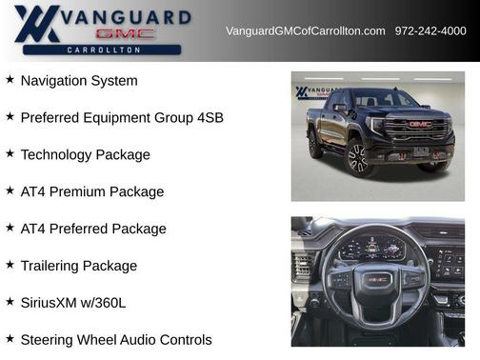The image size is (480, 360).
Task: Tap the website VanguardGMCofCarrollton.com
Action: pyautogui.click(x=305, y=31)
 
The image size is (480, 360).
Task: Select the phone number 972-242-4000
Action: pyautogui.click(x=430, y=31)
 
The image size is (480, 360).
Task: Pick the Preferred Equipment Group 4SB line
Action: pyautogui.click(x=122, y=118)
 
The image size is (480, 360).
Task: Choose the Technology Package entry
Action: pyautogui.click(x=86, y=154)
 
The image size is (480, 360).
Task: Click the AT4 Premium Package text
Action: pyautogui.click(x=92, y=191)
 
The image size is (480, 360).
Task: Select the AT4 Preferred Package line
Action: pyautogui.click(x=93, y=229)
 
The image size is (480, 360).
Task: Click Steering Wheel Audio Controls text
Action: pyautogui.click(x=116, y=339)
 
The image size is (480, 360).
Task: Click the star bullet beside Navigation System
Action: pyautogui.click(x=10, y=80)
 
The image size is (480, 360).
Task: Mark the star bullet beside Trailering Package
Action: pyautogui.click(x=10, y=265)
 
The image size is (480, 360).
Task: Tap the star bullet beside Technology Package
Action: pyautogui.click(x=10, y=153)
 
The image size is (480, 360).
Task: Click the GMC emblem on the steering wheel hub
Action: pyautogui.click(x=377, y=279)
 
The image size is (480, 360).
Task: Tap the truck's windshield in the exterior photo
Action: pyautogui.click(x=386, y=99)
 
